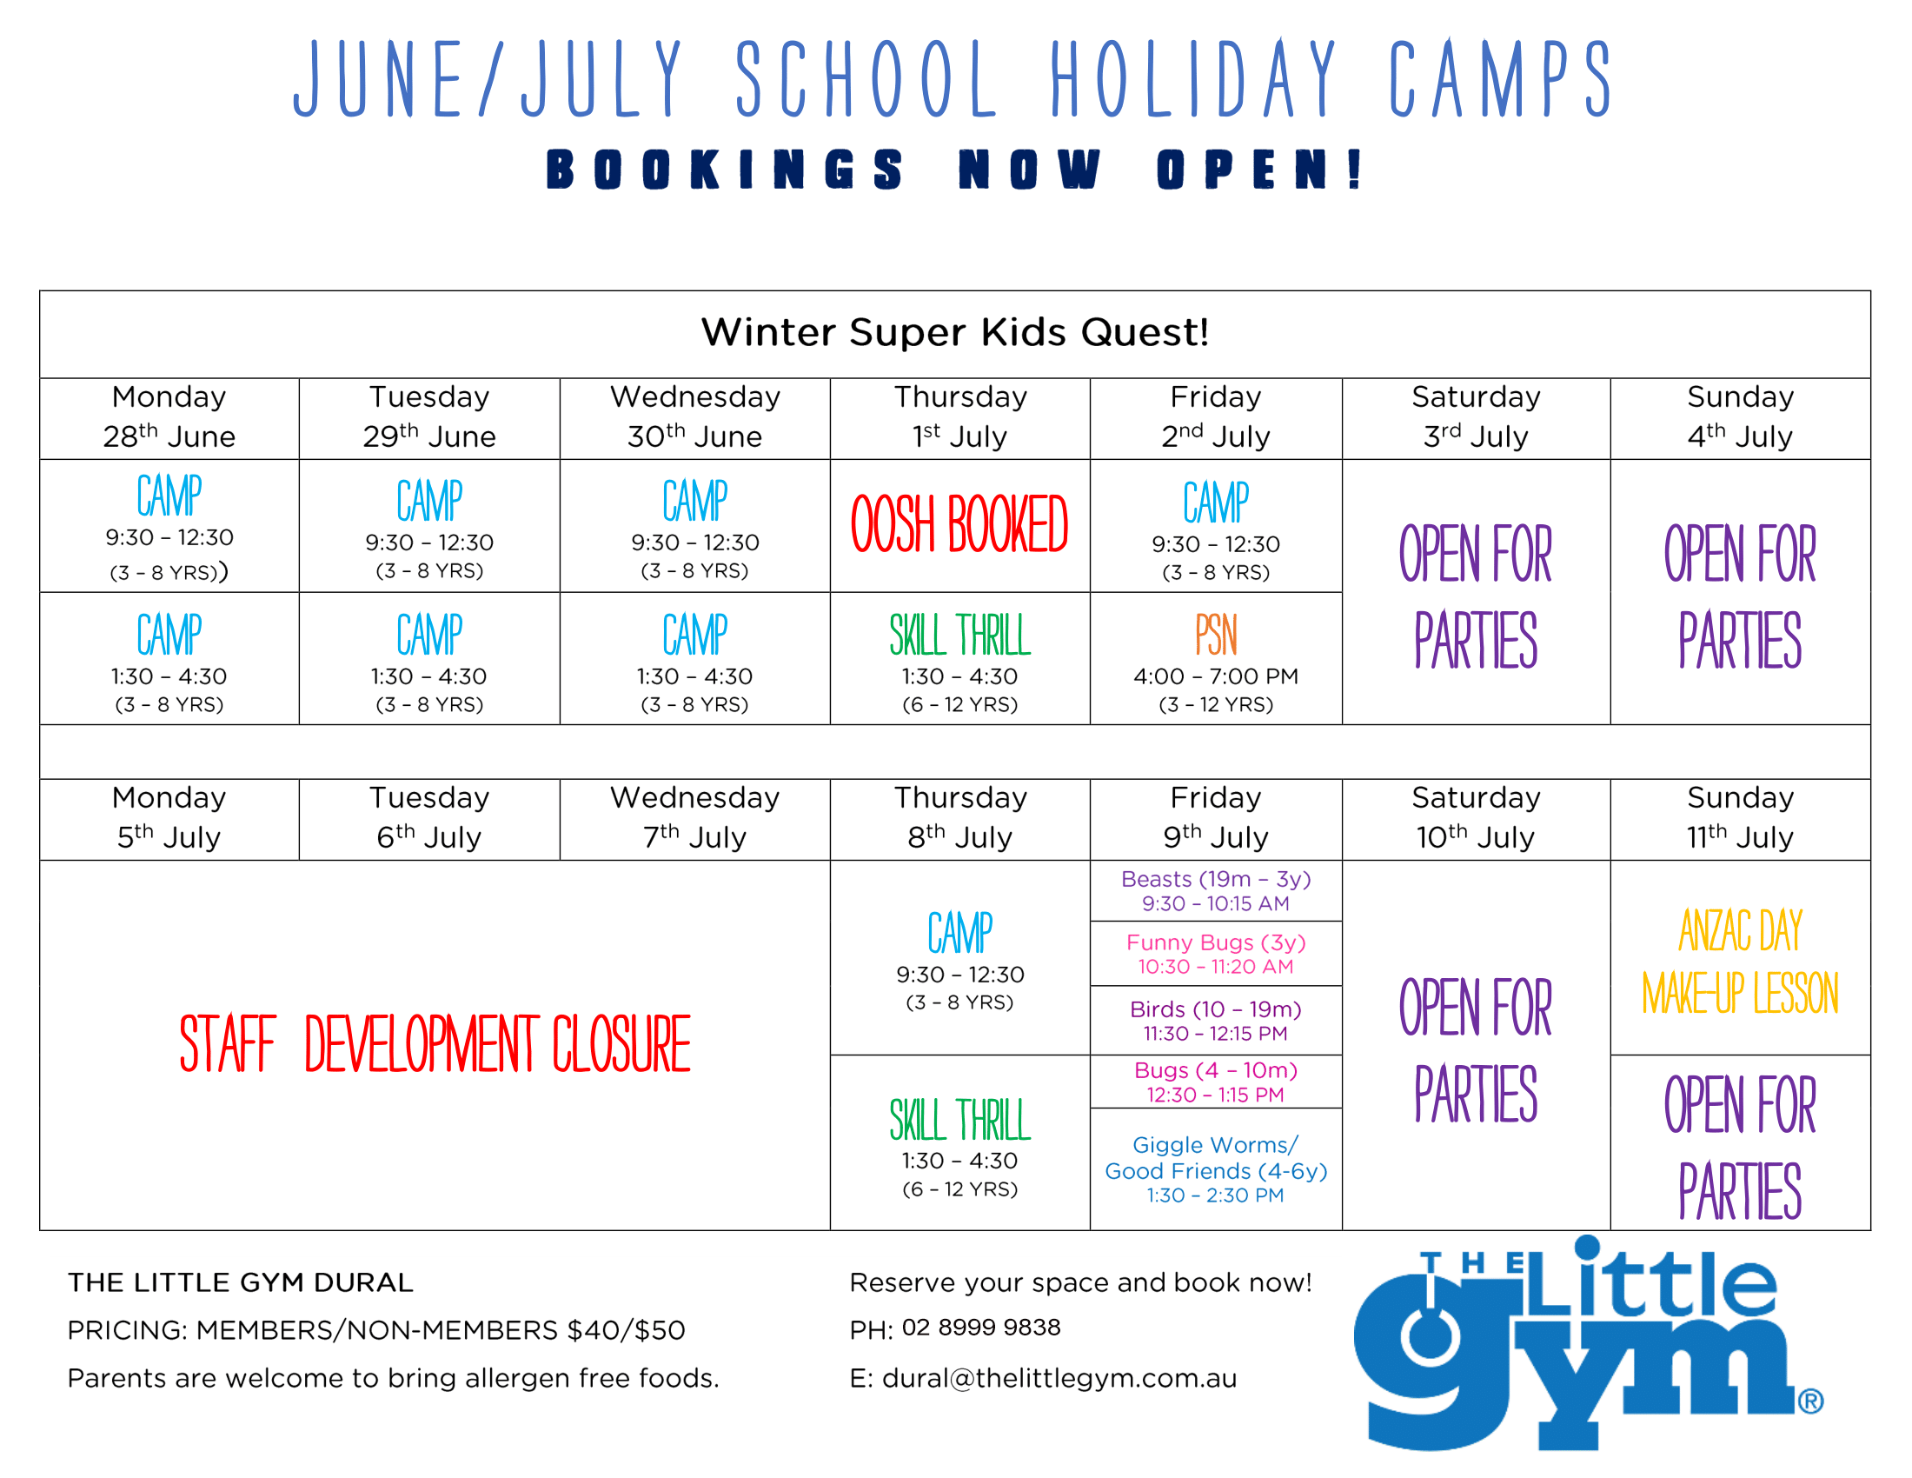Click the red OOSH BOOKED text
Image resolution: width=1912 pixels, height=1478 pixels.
(x=959, y=523)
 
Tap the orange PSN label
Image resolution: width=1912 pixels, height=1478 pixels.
(x=1216, y=634)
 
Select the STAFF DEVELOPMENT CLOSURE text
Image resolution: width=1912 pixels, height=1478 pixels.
(x=435, y=1042)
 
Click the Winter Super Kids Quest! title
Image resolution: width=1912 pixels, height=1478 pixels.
(x=955, y=333)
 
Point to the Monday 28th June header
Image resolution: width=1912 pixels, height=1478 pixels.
(x=169, y=416)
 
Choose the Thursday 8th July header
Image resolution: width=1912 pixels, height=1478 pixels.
(x=960, y=818)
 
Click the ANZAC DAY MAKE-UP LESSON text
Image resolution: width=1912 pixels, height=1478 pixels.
(x=1741, y=962)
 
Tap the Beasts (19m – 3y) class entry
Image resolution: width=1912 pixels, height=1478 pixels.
(x=1216, y=890)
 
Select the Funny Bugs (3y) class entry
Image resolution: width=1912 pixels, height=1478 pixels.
(x=1216, y=955)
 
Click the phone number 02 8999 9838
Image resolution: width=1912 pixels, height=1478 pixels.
(x=981, y=1328)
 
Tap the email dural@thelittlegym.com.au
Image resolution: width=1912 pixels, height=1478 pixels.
(x=1059, y=1378)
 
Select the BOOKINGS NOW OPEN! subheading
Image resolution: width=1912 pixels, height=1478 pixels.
(x=955, y=169)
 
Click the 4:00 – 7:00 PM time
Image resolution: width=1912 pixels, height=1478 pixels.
(x=1216, y=676)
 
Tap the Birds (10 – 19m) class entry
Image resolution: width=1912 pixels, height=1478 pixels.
(x=1216, y=1021)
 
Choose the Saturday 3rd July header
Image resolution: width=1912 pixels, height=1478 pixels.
(x=1476, y=416)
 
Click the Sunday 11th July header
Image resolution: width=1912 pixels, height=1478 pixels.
(x=1741, y=818)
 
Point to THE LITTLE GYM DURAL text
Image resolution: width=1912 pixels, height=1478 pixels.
(x=240, y=1282)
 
